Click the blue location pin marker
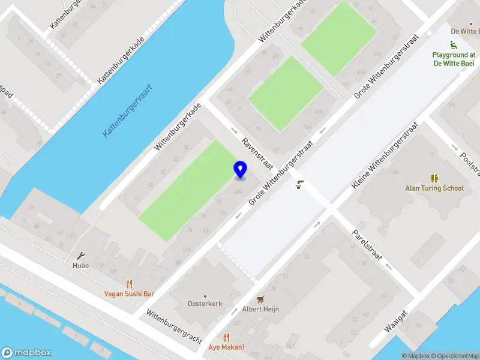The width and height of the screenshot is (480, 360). point(240,169)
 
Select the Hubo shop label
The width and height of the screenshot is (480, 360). point(80,266)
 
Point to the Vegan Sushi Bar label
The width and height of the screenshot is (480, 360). point(129,294)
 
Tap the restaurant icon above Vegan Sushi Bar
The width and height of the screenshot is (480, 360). point(129,284)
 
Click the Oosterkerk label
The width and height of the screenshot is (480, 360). point(205,304)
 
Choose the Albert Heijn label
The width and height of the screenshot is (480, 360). point(260,309)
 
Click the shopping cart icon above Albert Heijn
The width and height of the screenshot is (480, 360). point(260,299)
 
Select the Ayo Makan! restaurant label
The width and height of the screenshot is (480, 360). point(226,347)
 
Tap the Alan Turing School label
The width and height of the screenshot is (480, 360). point(434,188)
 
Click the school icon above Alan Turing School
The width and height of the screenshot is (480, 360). point(434,178)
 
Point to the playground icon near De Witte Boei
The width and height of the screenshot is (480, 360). point(454,45)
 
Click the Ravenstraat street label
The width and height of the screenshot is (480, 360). point(257,154)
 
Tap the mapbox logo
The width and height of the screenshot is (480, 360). point(26,353)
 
